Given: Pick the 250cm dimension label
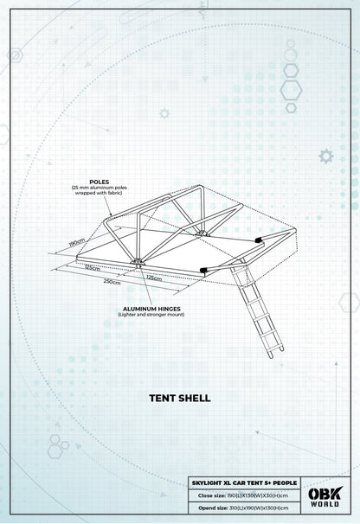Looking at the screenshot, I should click(x=110, y=282).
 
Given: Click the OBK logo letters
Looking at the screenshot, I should click(x=326, y=494).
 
